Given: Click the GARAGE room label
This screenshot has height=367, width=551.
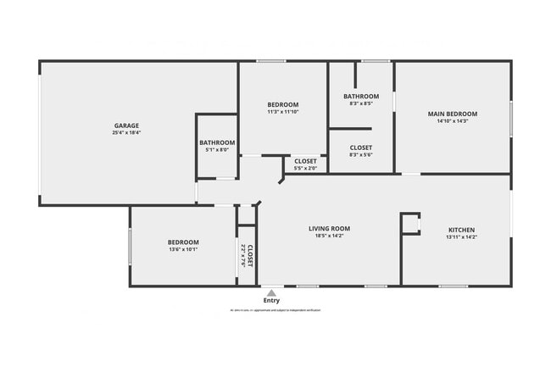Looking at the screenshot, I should click(x=126, y=125).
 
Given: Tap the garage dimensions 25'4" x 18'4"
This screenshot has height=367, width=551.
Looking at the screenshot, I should click(x=126, y=133).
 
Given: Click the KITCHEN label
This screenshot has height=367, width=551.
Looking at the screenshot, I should click(x=461, y=230).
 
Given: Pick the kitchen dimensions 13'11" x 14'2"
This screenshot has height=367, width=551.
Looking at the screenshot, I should click(x=461, y=237).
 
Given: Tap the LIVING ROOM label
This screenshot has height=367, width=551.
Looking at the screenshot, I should click(x=329, y=228).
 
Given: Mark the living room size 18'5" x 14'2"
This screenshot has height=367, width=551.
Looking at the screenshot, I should click(x=329, y=236).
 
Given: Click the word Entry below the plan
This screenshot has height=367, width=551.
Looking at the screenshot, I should click(x=271, y=300).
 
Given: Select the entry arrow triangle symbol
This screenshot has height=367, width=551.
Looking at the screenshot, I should click(x=271, y=292).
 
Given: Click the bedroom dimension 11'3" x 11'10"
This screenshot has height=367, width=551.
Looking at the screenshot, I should click(x=283, y=111).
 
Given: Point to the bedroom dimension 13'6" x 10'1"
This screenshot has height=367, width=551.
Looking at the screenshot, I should click(x=183, y=250).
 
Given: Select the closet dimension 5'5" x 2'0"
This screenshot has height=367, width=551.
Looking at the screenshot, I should click(x=305, y=169).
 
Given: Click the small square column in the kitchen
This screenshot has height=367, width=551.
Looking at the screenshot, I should click(x=411, y=223).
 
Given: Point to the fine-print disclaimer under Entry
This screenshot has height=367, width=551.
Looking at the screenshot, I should click(x=271, y=311).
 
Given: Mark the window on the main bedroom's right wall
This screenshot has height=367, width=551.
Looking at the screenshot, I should click(x=511, y=116).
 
